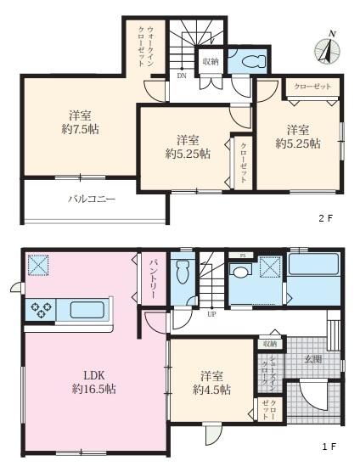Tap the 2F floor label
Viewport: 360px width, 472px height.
pos(325,217)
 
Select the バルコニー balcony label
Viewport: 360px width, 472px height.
pos(92,200)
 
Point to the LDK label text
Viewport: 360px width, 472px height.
pos(94,374)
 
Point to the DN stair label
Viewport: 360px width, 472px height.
pos(182,76)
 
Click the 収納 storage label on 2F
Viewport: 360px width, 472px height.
pos(211,62)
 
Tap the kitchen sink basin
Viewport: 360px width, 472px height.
pos(85,309)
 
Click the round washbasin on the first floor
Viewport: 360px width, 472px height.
pos(240,272)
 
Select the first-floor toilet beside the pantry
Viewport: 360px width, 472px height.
pos(181,273)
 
